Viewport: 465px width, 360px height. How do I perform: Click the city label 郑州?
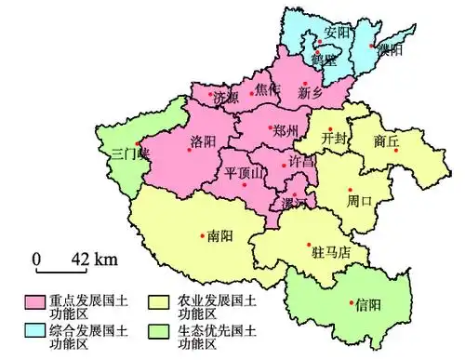pos(285,130)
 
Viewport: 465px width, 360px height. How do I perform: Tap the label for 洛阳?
pos(203,141)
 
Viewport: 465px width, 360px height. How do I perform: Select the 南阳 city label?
pos(220,235)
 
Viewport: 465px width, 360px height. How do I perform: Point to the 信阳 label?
pos(366,304)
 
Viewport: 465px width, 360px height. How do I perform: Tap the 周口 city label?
pos(359,200)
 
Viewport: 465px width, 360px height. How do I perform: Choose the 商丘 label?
pos(385,141)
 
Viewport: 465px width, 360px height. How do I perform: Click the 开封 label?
pos(333,137)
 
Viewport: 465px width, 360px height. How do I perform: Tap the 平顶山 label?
pos(245,172)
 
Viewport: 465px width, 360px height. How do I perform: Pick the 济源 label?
pos(225,97)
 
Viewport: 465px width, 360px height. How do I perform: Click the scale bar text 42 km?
pos(92,258)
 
